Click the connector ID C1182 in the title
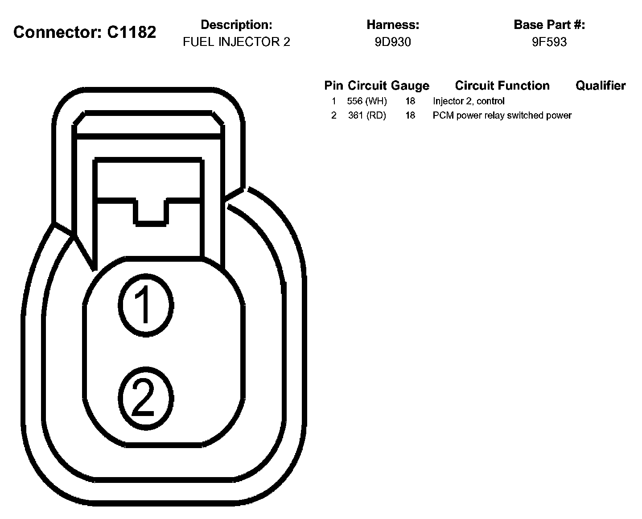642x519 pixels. pos(132,32)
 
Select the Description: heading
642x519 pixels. pos(236,25)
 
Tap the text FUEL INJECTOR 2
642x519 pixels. pos(236,42)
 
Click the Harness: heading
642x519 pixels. pos(393,25)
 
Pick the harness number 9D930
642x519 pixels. pos(393,42)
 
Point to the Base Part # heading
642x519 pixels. pos(549,25)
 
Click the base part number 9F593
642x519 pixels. pos(549,42)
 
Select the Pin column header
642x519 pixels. pos(333,86)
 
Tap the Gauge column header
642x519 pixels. pos(410,86)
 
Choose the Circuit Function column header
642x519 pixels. pos(502,86)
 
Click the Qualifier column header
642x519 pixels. pos(601,86)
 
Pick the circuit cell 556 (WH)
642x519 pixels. pos(367,101)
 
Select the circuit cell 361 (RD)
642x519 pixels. pos(367,115)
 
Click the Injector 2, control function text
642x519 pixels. pos(469,101)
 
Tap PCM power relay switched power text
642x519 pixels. pos(502,115)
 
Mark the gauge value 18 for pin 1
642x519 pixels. pos(410,101)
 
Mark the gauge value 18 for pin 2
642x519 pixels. pos(410,115)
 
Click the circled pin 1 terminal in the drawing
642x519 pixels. pos(145,305)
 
